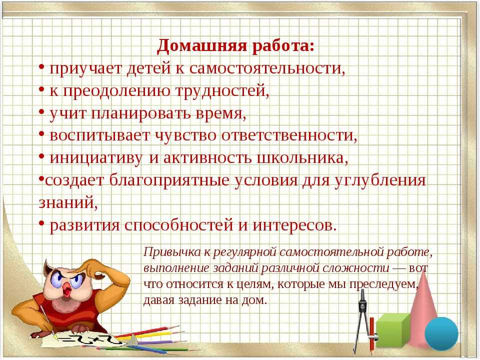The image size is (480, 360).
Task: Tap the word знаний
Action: [x=68, y=202]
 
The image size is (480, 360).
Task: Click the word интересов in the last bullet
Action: [x=294, y=225]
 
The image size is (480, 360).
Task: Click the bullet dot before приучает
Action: [x=42, y=66]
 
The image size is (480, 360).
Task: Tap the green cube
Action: [x=393, y=330]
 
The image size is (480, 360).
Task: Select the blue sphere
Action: [x=441, y=333]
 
